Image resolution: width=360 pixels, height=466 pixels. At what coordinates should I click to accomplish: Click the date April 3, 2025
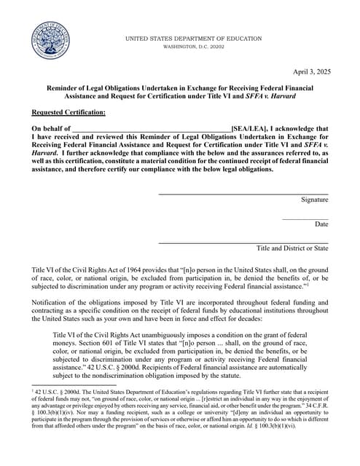pos(311,71)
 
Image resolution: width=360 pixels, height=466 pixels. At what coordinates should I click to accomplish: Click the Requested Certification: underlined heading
pos(69,112)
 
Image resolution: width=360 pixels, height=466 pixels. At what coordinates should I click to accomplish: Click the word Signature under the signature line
pos(314,200)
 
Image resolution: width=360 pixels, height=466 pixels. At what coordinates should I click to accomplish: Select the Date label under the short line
pos(321,224)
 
